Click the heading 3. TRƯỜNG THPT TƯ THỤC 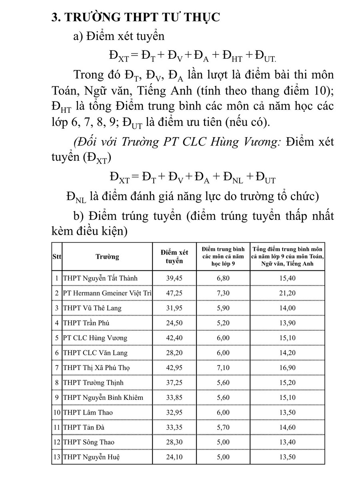[136, 18]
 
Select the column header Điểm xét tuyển [174, 257]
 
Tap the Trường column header [107, 257]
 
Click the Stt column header [56, 257]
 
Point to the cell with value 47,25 [174, 293]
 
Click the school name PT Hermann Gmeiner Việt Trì [107, 293]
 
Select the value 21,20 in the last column [287, 293]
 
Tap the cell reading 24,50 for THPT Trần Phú [174, 323]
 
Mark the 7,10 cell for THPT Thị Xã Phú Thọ [223, 367]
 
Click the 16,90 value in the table [287, 367]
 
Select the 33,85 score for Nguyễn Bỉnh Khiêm [174, 397]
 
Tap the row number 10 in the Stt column [57, 412]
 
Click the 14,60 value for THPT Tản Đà [287, 427]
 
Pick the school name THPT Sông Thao [89, 442]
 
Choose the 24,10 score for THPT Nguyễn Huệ [174, 457]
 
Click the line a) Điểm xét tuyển [119, 36]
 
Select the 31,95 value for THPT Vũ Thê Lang [174, 308]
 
